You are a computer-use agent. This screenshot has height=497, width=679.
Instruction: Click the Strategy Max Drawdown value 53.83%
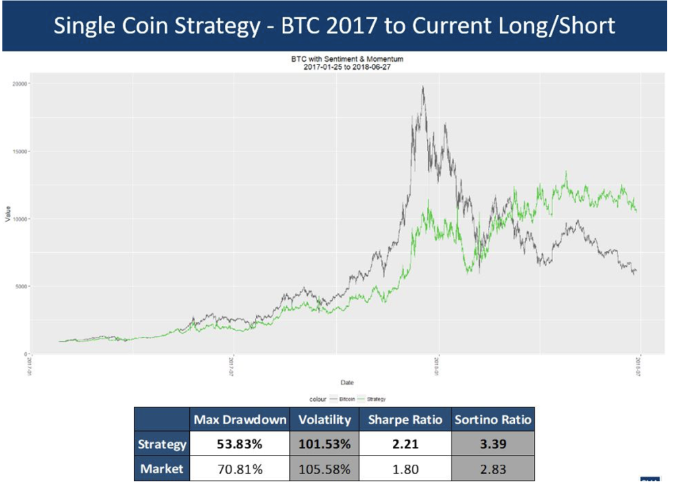[x=240, y=444]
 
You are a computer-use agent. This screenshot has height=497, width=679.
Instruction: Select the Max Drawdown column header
[x=240, y=419]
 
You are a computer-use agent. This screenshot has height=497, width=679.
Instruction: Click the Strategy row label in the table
[x=162, y=444]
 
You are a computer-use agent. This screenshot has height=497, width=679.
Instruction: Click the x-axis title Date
[x=347, y=382]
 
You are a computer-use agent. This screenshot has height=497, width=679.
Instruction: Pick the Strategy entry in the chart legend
[x=376, y=399]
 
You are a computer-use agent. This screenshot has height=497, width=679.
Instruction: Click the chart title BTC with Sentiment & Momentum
[x=347, y=59]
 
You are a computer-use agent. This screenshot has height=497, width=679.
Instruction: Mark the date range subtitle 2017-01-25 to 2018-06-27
[x=347, y=66]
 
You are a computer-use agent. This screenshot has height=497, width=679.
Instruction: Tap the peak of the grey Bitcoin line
[x=423, y=87]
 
